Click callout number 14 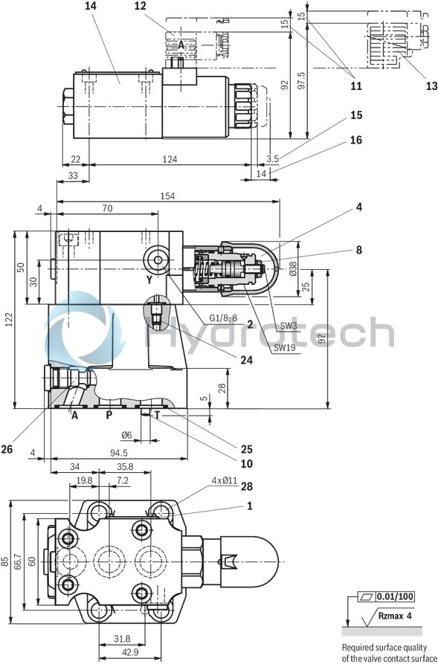click(x=91, y=6)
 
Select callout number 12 click(x=141, y=6)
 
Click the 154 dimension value click(x=167, y=196)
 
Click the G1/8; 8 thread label click(x=222, y=318)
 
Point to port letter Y click(x=149, y=280)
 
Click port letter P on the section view click(x=109, y=415)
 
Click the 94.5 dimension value click(x=117, y=452)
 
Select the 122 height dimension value click(x=8, y=320)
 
